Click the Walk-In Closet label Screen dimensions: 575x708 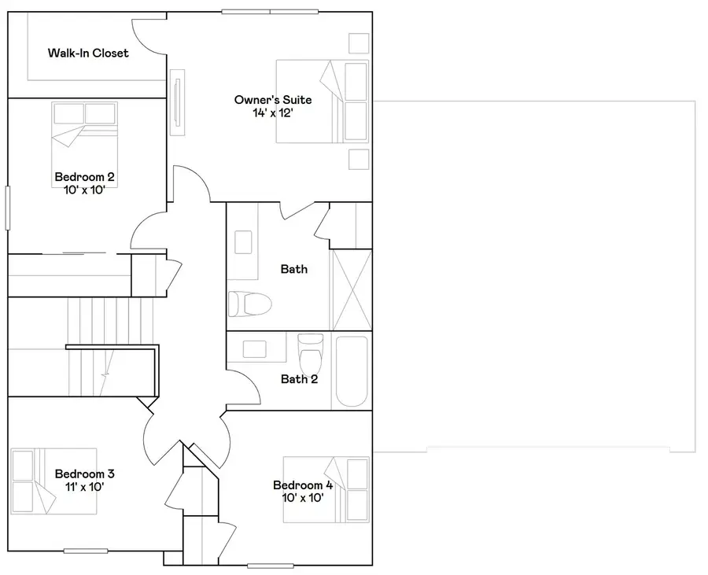click(88, 53)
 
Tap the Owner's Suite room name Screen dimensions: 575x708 click(273, 100)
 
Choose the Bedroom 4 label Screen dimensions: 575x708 click(303, 485)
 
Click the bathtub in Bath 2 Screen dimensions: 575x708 click(350, 372)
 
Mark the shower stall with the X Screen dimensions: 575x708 click(351, 289)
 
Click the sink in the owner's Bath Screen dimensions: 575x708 click(244, 241)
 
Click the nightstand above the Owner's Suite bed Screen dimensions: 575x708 click(359, 42)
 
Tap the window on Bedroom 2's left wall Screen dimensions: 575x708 click(8, 208)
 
